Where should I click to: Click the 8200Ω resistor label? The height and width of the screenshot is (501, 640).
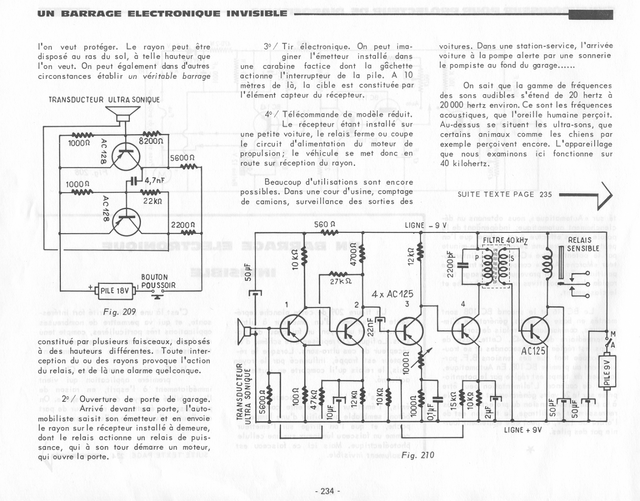pyautogui.click(x=151, y=141)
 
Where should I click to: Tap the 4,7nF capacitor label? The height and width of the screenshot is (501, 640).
pyautogui.click(x=154, y=180)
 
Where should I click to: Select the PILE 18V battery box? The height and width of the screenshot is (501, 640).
pyautogui.click(x=115, y=291)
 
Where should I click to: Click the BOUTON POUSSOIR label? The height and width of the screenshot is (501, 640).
pyautogui.click(x=158, y=282)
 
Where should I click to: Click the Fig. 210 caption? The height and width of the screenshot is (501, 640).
pyautogui.click(x=418, y=455)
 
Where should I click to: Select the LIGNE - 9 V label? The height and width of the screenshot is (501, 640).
pyautogui.click(x=425, y=226)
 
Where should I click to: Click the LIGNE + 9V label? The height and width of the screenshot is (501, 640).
pyautogui.click(x=523, y=430)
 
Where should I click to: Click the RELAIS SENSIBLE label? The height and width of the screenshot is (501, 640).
pyautogui.click(x=582, y=244)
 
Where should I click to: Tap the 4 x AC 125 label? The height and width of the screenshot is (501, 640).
pyautogui.click(x=392, y=294)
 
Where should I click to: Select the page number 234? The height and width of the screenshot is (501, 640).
pyautogui.click(x=327, y=491)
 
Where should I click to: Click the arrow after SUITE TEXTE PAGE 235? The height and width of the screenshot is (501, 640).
pyautogui.click(x=586, y=195)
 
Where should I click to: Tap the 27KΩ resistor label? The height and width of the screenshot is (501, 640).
pyautogui.click(x=340, y=281)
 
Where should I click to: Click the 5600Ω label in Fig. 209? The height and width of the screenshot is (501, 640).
pyautogui.click(x=182, y=158)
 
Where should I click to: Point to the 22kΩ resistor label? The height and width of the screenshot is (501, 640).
pyautogui.click(x=153, y=201)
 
